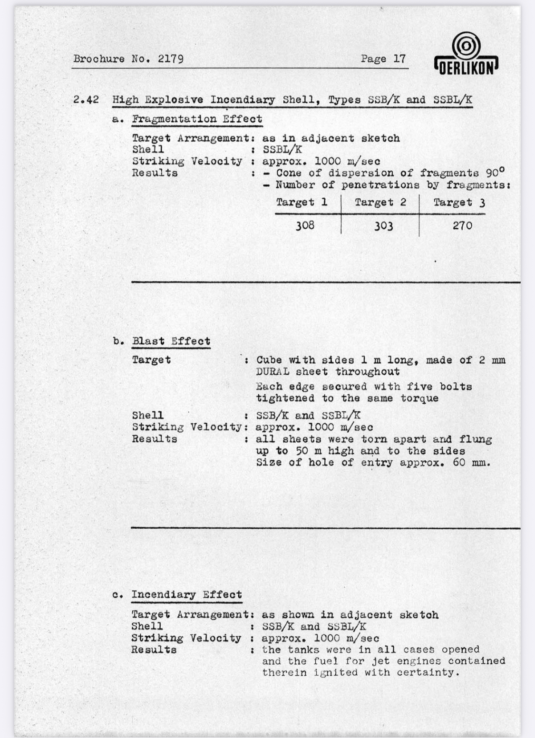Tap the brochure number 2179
170,59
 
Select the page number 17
399,59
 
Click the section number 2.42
86,100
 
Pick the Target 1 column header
302,203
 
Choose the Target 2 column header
380,203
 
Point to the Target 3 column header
459,203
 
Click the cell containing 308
305,225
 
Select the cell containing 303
383,225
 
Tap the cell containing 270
462,225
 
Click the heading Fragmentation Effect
197,119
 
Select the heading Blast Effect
171,341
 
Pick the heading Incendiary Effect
186,595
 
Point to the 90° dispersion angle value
495,172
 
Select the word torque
419,398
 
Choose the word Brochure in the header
99,59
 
